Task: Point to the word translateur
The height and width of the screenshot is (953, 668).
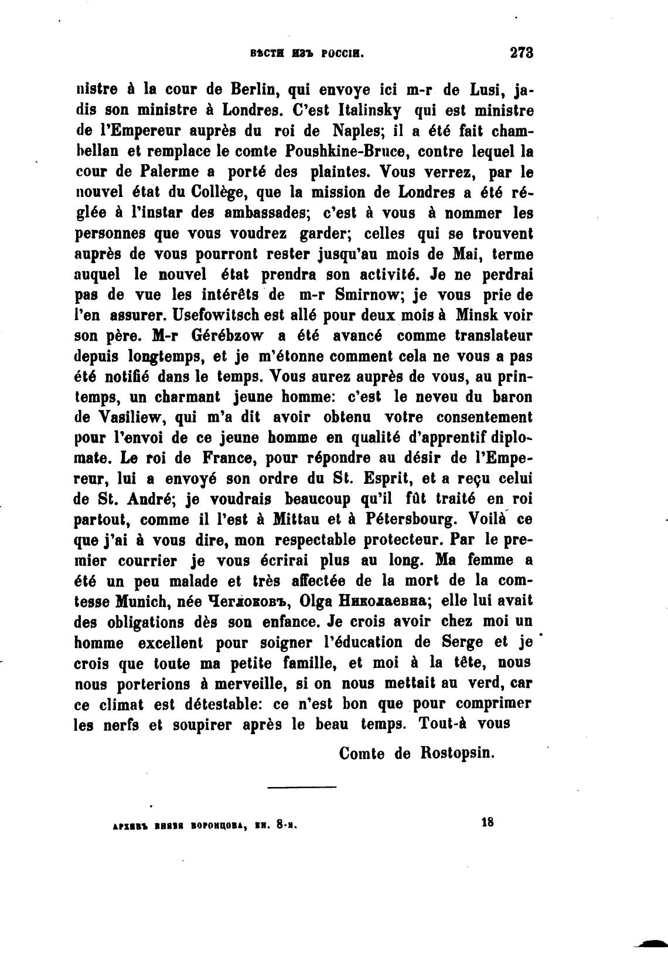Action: [x=489, y=335]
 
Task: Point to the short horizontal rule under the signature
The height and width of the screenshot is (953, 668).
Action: [x=302, y=786]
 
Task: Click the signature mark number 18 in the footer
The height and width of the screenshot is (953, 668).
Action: [x=487, y=822]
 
